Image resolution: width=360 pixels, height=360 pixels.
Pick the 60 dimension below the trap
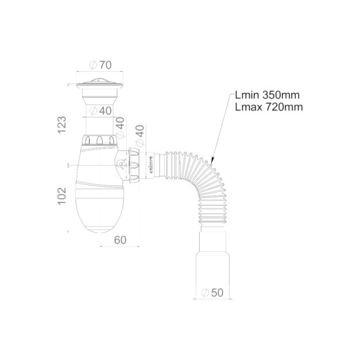click(x=119, y=240)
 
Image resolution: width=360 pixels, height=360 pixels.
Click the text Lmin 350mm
click(x=268, y=95)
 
